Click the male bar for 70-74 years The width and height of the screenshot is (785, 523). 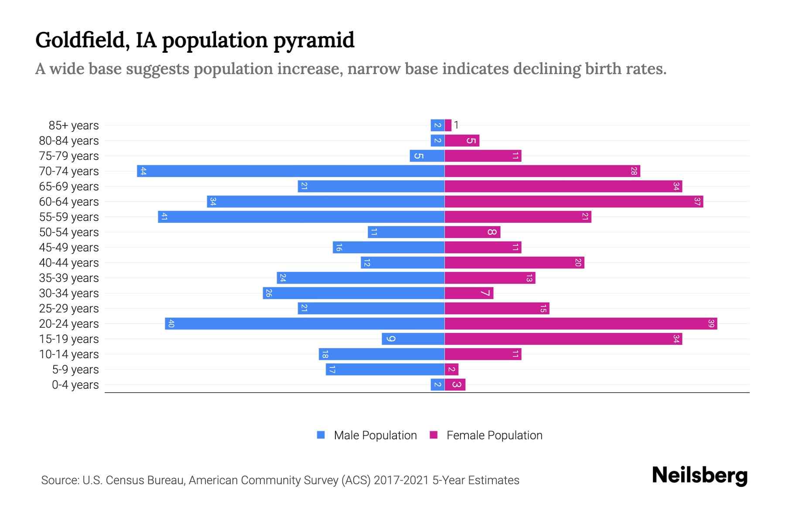point(290,171)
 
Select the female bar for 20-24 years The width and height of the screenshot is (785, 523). point(580,324)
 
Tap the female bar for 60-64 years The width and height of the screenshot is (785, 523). point(573,202)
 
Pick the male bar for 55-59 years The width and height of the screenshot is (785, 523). point(301,217)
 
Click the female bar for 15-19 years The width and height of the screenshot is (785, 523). point(563,339)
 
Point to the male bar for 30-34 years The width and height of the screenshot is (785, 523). point(353,293)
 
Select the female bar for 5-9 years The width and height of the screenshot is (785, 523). point(451,370)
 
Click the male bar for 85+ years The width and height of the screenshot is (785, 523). point(437,126)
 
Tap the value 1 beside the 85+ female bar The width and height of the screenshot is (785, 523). point(456,126)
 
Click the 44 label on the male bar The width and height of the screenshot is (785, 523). point(143,171)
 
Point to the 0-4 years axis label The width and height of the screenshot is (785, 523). point(75,385)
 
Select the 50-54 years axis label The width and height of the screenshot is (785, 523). point(69,232)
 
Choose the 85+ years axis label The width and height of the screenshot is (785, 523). point(73,126)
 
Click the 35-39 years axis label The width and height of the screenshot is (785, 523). point(69,278)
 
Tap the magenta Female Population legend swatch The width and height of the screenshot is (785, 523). point(433,435)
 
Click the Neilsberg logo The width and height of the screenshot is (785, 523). point(700,475)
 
